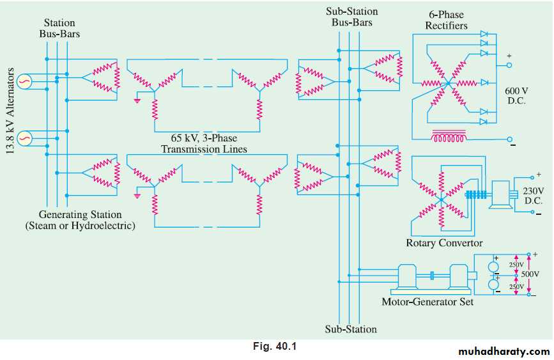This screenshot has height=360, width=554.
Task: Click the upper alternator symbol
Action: [x=25, y=82]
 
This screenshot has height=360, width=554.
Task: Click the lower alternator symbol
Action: [x=25, y=137]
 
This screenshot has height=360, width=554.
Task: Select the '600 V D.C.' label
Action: [x=514, y=96]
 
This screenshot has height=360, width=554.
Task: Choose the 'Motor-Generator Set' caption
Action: [x=427, y=301]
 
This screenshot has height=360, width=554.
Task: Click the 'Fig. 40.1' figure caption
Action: [x=274, y=347]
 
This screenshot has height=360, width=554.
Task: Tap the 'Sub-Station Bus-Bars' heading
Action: [x=351, y=17]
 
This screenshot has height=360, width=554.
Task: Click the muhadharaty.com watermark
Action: [x=504, y=352]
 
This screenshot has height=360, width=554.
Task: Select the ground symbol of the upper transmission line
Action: [x=137, y=100]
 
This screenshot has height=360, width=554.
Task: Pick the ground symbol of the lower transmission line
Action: [x=137, y=196]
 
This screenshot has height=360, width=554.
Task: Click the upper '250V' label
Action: [x=516, y=264]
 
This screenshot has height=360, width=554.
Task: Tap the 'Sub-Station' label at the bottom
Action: [x=351, y=329]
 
